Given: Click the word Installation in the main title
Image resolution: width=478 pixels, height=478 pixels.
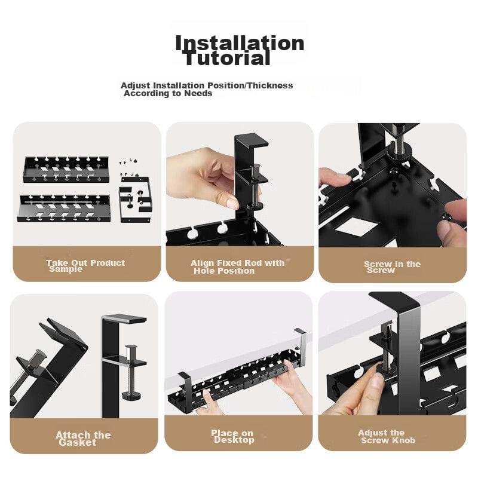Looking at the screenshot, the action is (240, 42).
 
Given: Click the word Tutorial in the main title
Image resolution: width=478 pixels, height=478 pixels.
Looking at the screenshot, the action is (228, 58).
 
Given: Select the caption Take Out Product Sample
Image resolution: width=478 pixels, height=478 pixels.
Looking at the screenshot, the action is (85, 265).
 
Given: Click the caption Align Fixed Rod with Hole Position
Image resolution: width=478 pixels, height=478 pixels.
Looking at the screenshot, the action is (237, 266).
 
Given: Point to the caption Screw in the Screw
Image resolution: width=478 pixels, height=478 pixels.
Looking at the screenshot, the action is (392, 266).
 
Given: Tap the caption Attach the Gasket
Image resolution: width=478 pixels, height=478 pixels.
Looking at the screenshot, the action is (83, 439).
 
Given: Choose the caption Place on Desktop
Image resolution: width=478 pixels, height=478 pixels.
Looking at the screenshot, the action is (232, 436).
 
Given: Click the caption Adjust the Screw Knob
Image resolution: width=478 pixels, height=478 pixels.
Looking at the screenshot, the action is (387, 437).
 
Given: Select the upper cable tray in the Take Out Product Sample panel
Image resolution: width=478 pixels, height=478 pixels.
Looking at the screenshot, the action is (66, 169).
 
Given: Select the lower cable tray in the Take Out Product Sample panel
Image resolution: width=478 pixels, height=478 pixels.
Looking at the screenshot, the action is (64, 208).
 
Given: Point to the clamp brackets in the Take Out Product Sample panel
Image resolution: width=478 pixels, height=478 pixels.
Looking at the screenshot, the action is (135, 199).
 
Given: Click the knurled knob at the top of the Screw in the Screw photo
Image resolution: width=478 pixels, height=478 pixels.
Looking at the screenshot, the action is (400, 150).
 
